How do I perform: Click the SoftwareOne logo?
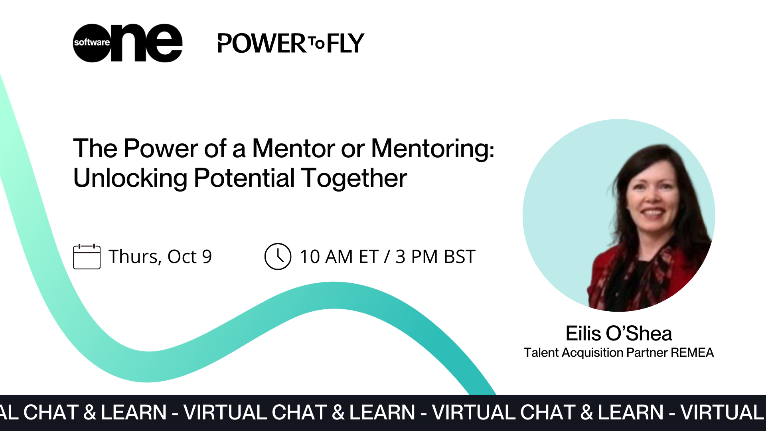pos(128,43)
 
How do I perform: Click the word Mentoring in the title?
pos(432,148)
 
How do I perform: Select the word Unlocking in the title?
pos(130,178)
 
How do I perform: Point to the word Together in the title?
pos(354,179)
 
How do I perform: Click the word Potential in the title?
pos(244,178)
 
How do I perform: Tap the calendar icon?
pos(87,257)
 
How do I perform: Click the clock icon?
pos(278,257)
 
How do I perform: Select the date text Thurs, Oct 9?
pos(160,257)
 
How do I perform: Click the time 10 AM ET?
pos(338,257)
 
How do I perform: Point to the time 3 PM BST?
pos(435,257)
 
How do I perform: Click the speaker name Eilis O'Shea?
pos(618,333)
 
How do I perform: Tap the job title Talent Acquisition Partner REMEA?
pos(618,353)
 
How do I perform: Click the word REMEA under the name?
pos(692,353)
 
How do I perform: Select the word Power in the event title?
pos(161,148)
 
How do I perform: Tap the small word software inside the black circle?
pos(92,42)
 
